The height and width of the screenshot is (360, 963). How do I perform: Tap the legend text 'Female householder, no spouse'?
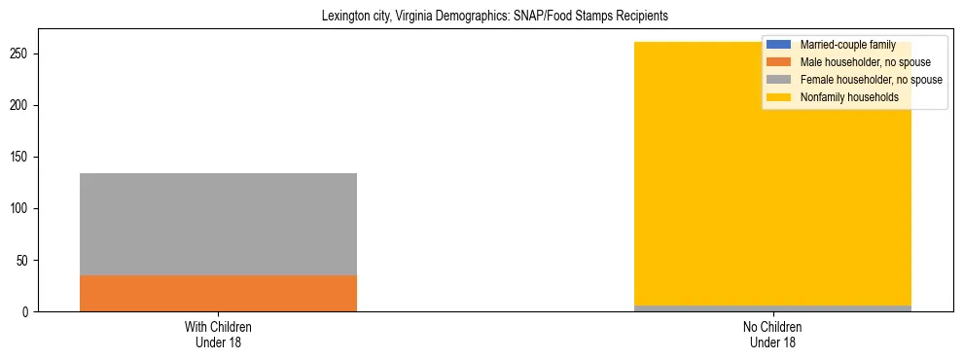pos(871,80)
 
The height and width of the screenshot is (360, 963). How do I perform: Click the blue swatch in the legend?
pos(779,45)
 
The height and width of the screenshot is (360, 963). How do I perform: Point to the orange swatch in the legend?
pos(779,62)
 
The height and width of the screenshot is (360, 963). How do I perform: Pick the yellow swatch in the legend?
pos(779,97)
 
